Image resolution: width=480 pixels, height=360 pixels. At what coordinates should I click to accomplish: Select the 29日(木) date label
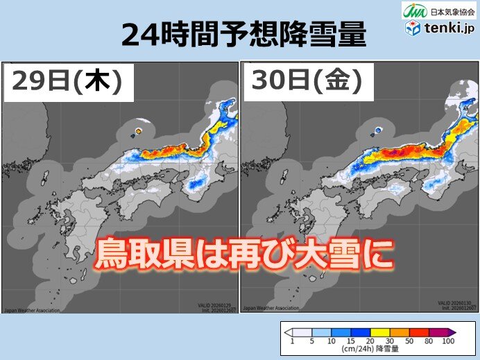coord(68,82)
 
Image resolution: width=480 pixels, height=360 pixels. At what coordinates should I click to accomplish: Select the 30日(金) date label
coord(307,82)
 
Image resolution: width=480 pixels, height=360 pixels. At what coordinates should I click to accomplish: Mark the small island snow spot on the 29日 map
coord(139,130)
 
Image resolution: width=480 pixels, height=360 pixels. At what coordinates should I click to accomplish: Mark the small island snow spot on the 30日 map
coord(378,130)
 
